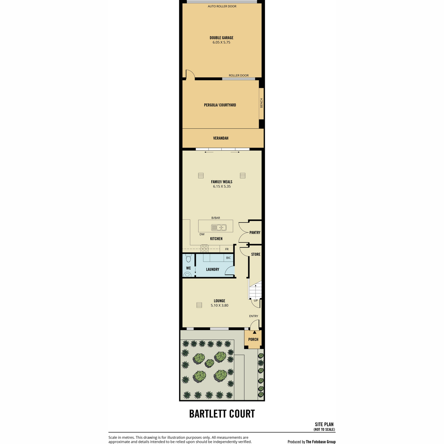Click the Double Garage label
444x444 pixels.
coord(221,38)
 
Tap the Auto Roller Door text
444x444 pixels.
coord(222,6)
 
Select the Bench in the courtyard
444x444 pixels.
coord(261,104)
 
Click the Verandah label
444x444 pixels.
coord(221,138)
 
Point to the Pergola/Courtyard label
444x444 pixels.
coord(220,105)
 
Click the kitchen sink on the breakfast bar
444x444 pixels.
coord(219,228)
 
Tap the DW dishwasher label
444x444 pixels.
coord(202,234)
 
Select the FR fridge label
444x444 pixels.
coord(227,249)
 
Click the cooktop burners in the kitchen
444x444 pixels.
coord(205,248)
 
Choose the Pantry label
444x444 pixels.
coord(255,232)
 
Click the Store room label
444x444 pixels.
coord(256,254)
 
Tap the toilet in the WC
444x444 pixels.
coord(188,259)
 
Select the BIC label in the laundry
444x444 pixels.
coord(228,258)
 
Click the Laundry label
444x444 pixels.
coord(212,269)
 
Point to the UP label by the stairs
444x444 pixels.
coord(256,300)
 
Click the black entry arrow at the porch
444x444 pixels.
coord(254,332)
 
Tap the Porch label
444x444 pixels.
coord(253,339)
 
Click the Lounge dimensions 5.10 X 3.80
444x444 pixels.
coord(219,305)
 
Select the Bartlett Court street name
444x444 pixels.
coord(222,414)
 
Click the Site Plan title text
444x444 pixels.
coord(324,424)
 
